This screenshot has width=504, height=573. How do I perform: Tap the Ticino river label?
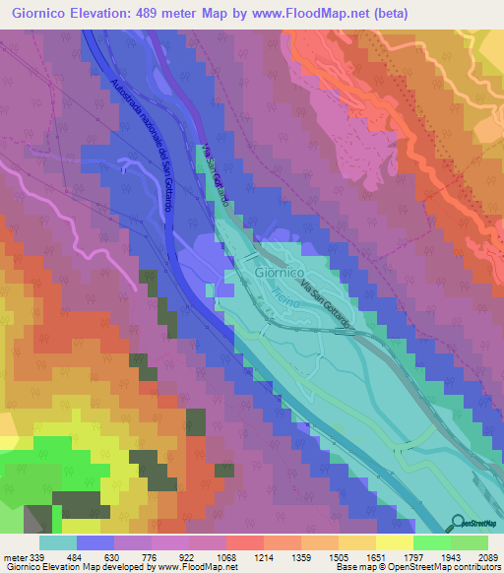click(x=282, y=294)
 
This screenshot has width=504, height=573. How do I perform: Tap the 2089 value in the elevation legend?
click(x=474, y=557)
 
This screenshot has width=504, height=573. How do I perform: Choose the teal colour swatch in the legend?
click(x=58, y=542)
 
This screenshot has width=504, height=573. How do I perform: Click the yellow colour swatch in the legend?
click(x=394, y=542)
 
